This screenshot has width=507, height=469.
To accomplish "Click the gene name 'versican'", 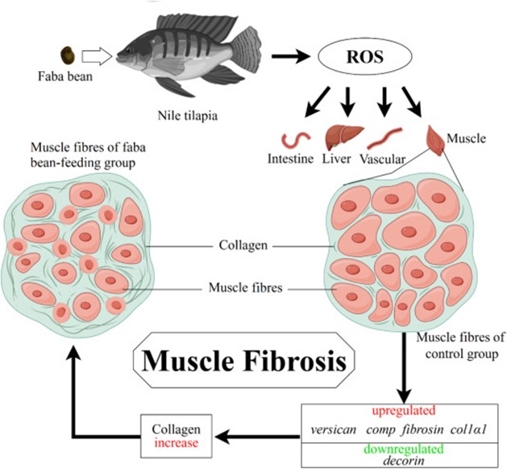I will [335, 429].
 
